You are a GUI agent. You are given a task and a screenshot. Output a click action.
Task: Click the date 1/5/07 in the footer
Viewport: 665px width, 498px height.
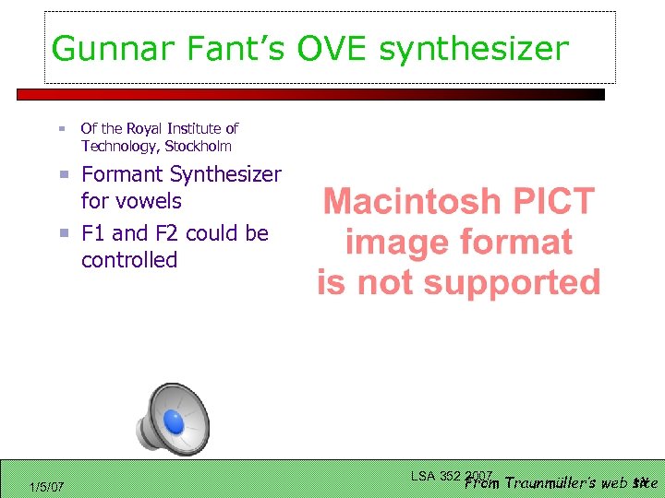tap(46, 486)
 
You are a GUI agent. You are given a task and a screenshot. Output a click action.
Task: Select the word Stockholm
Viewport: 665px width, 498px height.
tap(198, 146)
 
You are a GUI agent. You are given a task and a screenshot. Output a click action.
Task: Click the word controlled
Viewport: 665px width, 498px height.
tap(128, 260)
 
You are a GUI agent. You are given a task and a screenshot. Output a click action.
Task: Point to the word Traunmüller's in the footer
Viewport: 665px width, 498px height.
tap(552, 482)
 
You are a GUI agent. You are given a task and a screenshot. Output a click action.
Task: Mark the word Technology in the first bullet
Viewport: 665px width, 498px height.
tap(119, 146)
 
